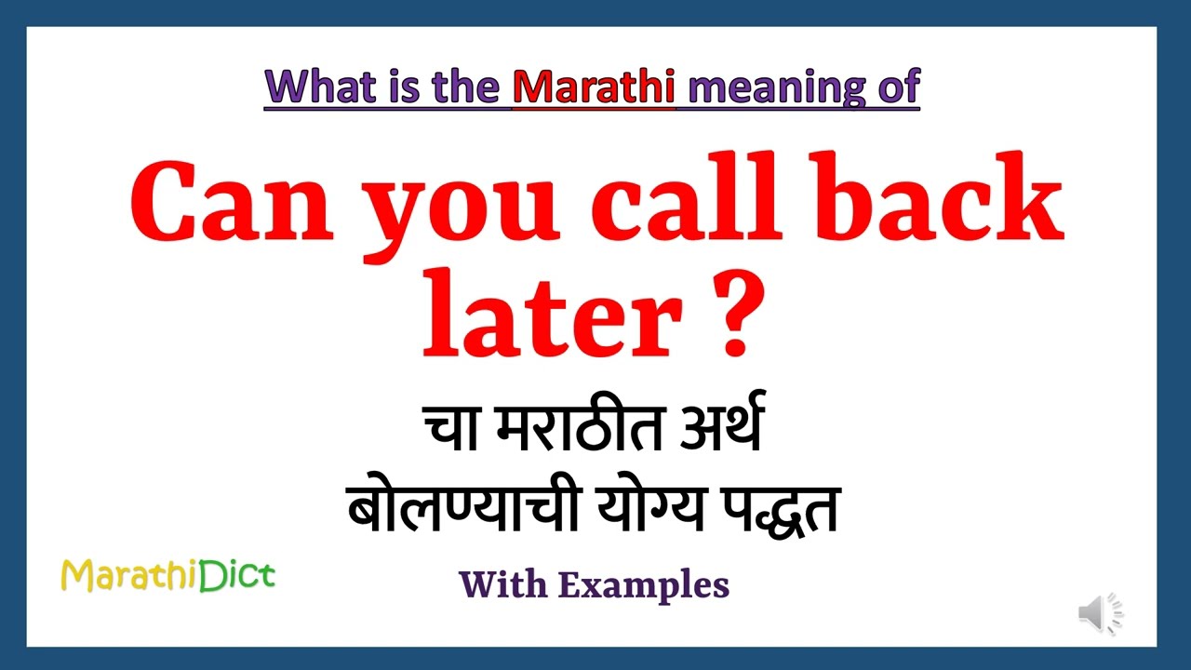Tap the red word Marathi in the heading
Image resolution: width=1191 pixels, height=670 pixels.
[x=594, y=87]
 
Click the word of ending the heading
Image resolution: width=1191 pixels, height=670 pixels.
[x=897, y=87]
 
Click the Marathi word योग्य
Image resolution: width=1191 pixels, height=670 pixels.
[x=649, y=510]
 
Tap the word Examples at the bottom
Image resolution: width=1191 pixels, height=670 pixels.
[x=643, y=585]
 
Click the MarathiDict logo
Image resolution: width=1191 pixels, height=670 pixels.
[x=167, y=576]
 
